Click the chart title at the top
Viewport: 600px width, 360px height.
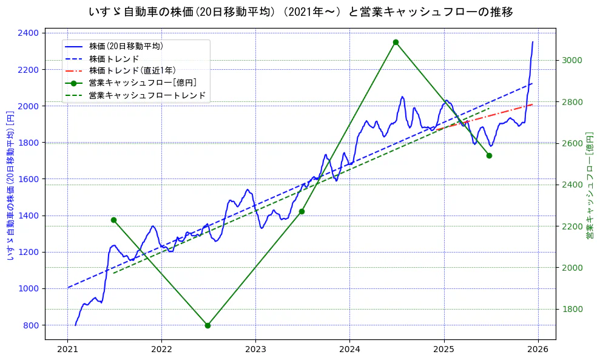click(300, 12)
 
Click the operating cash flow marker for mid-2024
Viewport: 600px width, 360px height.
click(396, 42)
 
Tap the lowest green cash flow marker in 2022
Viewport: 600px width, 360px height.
click(207, 325)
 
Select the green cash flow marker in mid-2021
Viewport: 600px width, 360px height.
click(113, 220)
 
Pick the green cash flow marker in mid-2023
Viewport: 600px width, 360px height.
click(302, 211)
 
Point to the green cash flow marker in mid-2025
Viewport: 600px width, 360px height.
click(489, 155)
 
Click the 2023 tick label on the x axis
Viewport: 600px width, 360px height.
click(255, 350)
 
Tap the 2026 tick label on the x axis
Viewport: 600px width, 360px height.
click(538, 350)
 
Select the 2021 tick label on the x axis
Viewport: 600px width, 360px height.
click(67, 350)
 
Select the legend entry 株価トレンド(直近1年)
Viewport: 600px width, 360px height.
click(132, 70)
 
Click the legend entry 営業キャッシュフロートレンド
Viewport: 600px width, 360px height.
click(147, 95)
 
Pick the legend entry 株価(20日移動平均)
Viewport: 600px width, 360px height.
click(126, 46)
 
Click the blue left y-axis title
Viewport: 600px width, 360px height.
click(10, 185)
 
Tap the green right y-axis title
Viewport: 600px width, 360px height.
click(590, 185)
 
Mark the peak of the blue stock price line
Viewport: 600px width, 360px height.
click(533, 42)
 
